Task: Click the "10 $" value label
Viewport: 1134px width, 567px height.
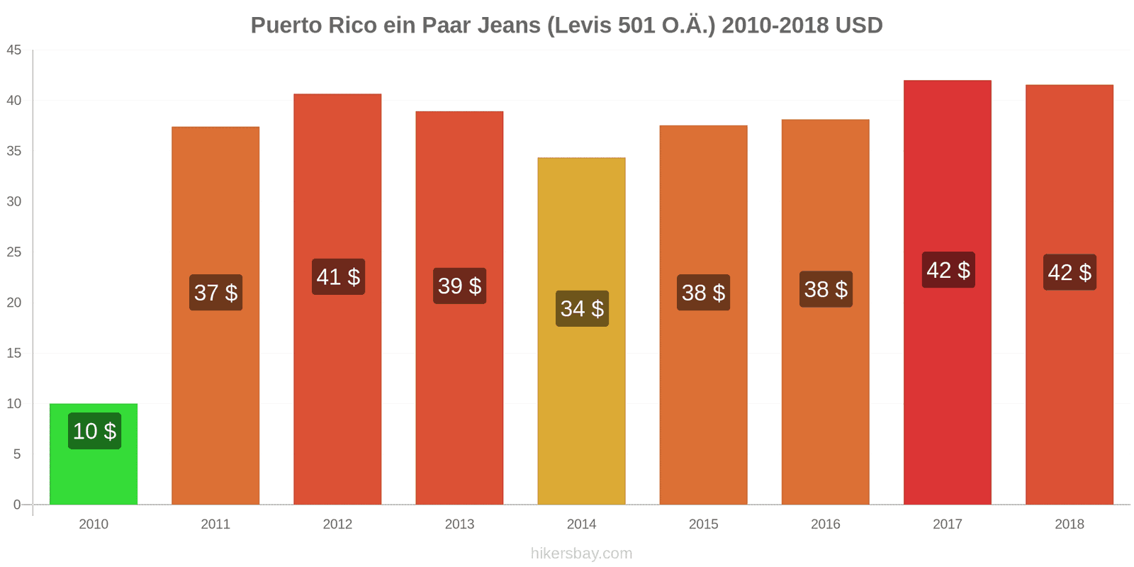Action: tap(94, 431)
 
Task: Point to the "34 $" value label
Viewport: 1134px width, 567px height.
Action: tap(582, 308)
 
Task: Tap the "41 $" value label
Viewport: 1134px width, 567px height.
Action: tap(338, 276)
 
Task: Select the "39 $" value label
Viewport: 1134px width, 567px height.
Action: tap(459, 286)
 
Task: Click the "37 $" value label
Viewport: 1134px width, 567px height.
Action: tap(215, 292)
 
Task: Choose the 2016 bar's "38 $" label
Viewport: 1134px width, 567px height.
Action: tap(826, 289)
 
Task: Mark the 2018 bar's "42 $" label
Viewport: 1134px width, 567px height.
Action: tap(1070, 272)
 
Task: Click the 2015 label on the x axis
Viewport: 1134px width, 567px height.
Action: tap(703, 524)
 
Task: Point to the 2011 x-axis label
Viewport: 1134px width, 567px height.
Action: tap(215, 524)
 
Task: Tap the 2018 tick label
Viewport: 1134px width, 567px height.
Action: tap(1069, 524)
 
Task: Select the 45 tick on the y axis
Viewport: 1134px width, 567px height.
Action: tap(14, 50)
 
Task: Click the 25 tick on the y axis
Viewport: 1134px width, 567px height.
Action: tap(14, 252)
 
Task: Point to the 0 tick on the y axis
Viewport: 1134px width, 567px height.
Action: tap(17, 505)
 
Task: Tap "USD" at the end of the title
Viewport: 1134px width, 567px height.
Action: tap(858, 26)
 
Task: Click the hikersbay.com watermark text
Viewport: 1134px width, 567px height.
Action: tap(581, 554)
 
